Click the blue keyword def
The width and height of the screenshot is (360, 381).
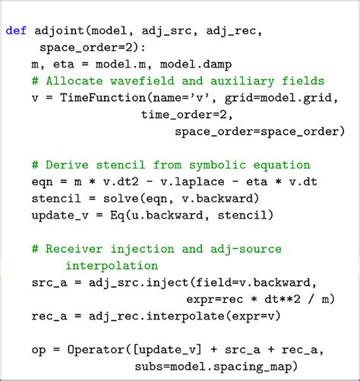point(16,30)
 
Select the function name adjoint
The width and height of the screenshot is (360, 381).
point(59,31)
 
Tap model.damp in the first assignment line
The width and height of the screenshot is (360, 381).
point(196,65)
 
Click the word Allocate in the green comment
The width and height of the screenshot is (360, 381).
point(74,81)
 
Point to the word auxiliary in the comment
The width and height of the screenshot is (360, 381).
point(242,81)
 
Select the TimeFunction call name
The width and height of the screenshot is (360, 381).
point(103,98)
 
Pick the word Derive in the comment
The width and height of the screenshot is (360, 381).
point(67,165)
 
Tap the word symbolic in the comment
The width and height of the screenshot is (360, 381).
point(217,165)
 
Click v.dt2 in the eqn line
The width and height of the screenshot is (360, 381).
point(121,181)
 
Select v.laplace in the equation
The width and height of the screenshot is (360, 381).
point(192,182)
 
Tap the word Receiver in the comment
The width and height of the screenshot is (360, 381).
point(74,249)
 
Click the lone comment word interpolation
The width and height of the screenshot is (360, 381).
point(112,266)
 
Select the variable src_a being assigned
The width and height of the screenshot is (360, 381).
point(49,283)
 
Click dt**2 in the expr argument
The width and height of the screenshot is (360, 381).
point(283,299)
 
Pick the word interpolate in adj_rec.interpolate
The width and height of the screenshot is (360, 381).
point(185,316)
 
